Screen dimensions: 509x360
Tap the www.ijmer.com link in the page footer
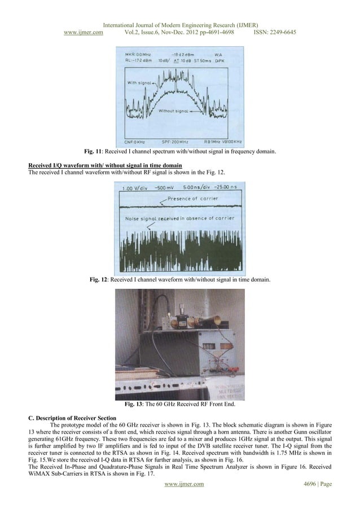tap(180, 499)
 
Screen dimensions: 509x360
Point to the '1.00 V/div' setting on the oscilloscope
tap(133, 187)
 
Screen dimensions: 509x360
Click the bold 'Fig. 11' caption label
tap(94, 152)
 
